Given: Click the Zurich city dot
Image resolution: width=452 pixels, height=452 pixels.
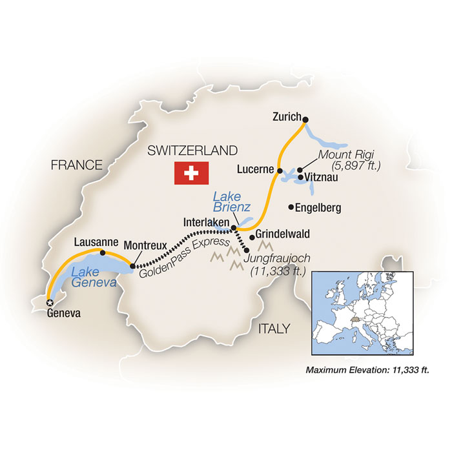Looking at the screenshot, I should pyautogui.click(x=305, y=119).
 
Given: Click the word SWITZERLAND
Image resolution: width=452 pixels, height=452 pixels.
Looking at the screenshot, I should pyautogui.click(x=192, y=150).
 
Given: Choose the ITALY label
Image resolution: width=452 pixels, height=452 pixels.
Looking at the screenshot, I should pyautogui.click(x=274, y=329).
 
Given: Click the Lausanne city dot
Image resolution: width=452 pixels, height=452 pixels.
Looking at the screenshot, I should pyautogui.click(x=103, y=252).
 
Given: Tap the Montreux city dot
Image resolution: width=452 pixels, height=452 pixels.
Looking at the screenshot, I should pyautogui.click(x=132, y=265).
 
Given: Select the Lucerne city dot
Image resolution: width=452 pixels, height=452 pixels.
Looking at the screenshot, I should pyautogui.click(x=280, y=171).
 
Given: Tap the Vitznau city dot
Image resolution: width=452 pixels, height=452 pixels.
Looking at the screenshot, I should pyautogui.click(x=300, y=174).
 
